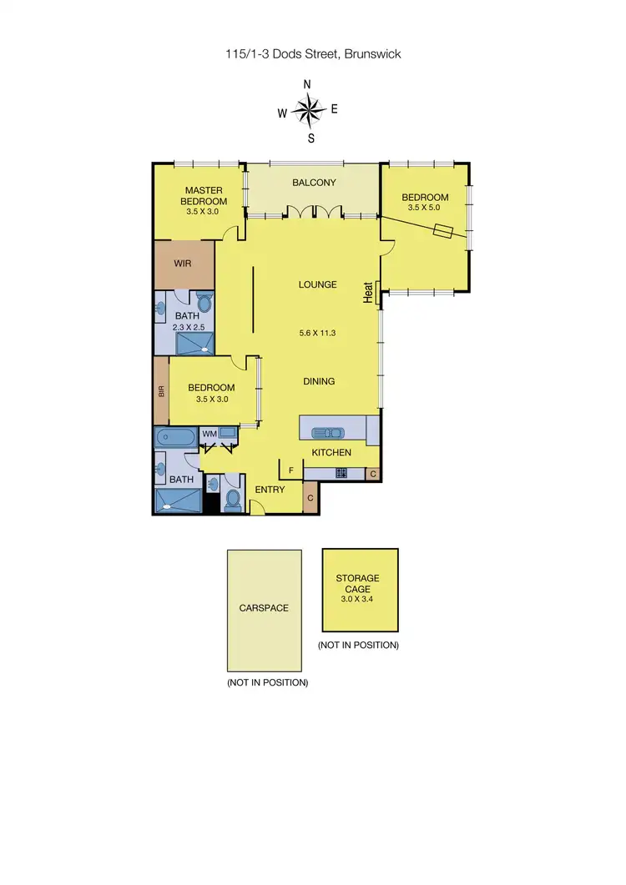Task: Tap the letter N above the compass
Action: (307, 84)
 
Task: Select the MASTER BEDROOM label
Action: (204, 196)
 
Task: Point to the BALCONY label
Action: (314, 183)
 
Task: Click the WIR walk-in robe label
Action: (183, 263)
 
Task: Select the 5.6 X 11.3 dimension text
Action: (317, 334)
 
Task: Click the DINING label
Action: (318, 381)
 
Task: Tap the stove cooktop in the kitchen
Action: (341, 474)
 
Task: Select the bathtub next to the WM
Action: (175, 438)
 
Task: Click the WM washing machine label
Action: (209, 434)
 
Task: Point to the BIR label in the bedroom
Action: (161, 390)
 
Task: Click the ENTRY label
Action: (270, 489)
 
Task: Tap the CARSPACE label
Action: (265, 608)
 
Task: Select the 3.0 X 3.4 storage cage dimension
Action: (358, 599)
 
